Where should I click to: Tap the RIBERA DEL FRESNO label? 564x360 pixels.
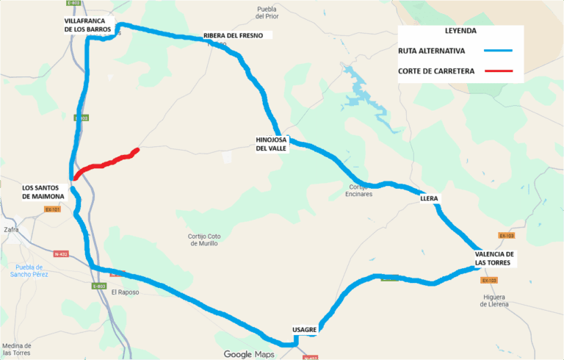pyautogui.click(x=238, y=35)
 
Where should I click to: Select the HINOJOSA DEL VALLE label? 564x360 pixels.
pyautogui.click(x=271, y=143)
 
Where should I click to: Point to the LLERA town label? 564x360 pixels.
pyautogui.click(x=429, y=199)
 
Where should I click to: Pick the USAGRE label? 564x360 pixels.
pyautogui.click(x=304, y=329)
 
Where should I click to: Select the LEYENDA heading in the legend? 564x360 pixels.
pyautogui.click(x=460, y=32)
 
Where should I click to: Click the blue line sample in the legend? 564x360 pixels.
pyautogui.click(x=497, y=51)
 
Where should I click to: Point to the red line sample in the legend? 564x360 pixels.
pyautogui.click(x=497, y=71)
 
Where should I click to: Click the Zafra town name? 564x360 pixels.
pyautogui.click(x=11, y=229)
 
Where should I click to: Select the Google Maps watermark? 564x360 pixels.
pyautogui.click(x=248, y=354)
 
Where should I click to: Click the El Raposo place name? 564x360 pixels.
pyautogui.click(x=125, y=292)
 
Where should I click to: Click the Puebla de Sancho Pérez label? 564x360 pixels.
pyautogui.click(x=29, y=270)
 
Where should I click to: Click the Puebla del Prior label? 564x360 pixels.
pyautogui.click(x=267, y=12)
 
